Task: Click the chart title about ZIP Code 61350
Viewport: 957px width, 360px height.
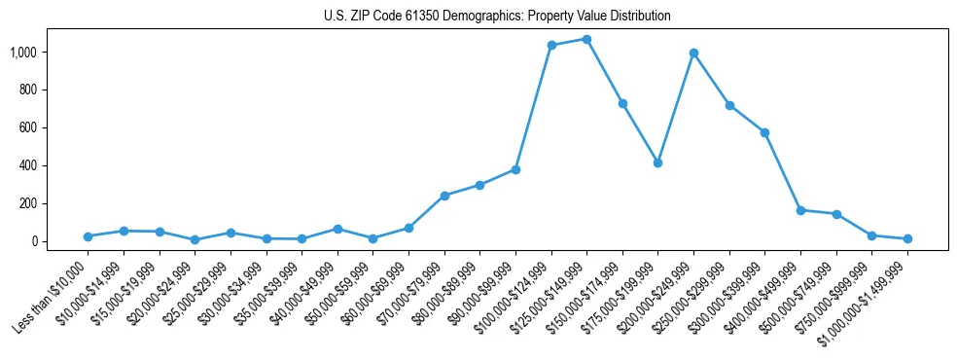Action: coord(497,16)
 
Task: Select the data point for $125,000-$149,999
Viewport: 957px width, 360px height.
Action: coord(586,39)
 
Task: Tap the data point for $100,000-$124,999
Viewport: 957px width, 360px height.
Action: coord(551,45)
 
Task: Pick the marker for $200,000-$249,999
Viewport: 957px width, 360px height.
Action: coord(693,53)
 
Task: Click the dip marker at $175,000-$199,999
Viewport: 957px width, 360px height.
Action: coord(657,162)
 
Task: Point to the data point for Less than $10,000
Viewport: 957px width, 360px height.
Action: coord(88,236)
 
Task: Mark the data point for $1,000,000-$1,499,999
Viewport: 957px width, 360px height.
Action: coord(907,238)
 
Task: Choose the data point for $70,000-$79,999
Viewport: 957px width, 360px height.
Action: coord(444,196)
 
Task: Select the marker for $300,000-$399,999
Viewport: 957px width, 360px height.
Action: coord(764,132)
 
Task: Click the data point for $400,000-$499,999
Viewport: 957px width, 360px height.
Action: coord(800,210)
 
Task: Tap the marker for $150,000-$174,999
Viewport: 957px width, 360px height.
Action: coord(622,103)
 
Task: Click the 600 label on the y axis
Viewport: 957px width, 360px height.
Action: coord(28,127)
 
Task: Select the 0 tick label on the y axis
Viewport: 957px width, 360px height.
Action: coord(34,241)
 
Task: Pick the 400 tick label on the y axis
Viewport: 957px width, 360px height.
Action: coord(28,165)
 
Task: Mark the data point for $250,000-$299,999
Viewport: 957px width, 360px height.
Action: coord(729,105)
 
